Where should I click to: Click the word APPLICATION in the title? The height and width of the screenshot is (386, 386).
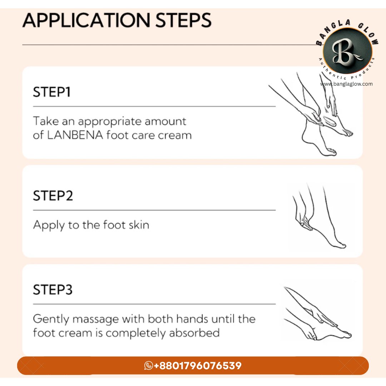[x=86, y=20]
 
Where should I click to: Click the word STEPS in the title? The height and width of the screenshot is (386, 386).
[x=183, y=20]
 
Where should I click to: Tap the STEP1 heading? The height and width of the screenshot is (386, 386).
[x=52, y=92]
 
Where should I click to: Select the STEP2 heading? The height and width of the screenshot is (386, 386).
[x=53, y=196]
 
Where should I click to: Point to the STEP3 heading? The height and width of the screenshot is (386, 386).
[x=53, y=289]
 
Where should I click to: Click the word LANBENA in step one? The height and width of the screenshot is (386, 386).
[x=75, y=135]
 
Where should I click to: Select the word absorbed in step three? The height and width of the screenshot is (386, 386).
[x=194, y=333]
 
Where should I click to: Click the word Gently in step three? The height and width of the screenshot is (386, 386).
[x=51, y=320]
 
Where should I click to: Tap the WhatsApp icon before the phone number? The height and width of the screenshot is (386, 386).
[x=148, y=366]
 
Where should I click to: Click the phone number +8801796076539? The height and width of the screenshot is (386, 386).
[x=198, y=366]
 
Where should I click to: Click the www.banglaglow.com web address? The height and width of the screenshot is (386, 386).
[x=346, y=84]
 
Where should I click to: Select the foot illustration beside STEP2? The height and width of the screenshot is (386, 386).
[x=320, y=216]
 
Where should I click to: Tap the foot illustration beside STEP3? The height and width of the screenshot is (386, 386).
[x=318, y=314]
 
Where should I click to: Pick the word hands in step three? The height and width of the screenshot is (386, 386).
[x=192, y=319]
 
